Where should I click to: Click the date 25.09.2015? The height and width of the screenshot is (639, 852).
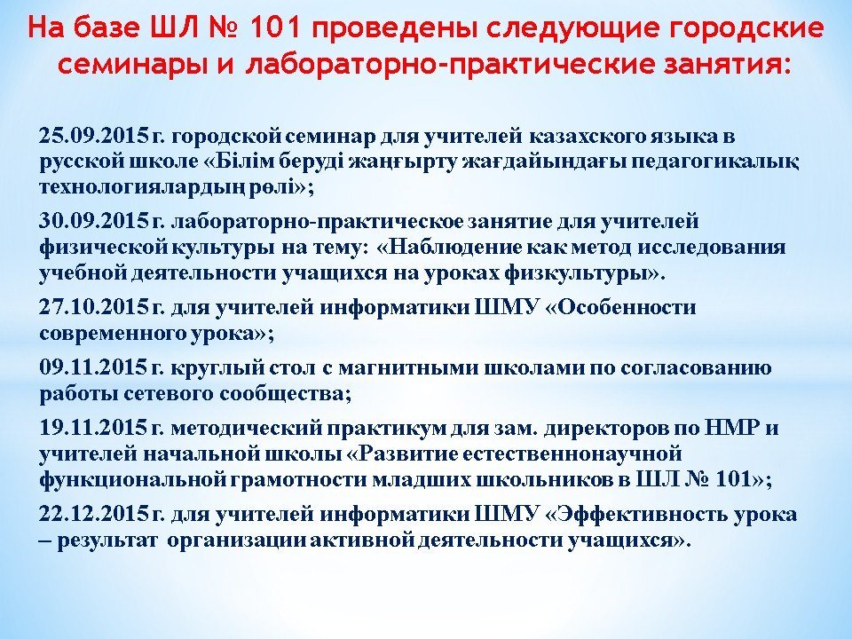point(93,136)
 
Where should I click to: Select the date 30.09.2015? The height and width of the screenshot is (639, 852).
point(93,222)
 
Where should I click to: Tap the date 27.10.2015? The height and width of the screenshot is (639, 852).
point(93,308)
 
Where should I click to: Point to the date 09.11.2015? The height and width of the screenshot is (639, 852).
point(93,367)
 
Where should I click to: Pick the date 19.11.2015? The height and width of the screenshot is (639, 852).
point(93,428)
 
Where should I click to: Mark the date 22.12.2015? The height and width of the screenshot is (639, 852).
point(93,514)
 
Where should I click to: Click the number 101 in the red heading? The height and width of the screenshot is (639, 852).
point(275,28)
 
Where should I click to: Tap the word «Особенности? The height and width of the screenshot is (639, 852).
point(620,308)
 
